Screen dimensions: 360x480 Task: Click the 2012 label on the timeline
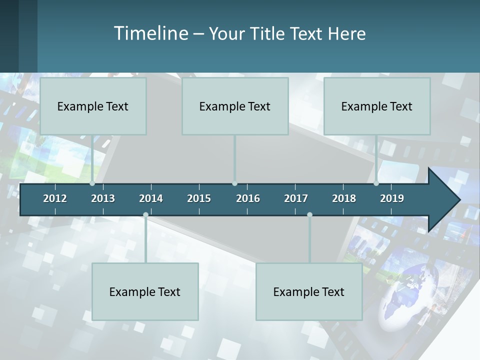pyautogui.click(x=55, y=198)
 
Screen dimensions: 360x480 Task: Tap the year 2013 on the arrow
pyautogui.click(x=103, y=198)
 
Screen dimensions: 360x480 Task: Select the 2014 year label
pyautogui.click(x=151, y=198)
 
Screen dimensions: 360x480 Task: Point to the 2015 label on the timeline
pyautogui.click(x=199, y=198)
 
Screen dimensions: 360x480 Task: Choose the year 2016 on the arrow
pyautogui.click(x=248, y=198)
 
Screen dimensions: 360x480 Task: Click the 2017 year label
pyautogui.click(x=296, y=198)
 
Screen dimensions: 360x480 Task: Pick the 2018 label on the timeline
pyautogui.click(x=344, y=198)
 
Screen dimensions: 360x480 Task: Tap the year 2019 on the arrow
pyautogui.click(x=392, y=198)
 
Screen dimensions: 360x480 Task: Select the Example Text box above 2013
pyautogui.click(x=93, y=106)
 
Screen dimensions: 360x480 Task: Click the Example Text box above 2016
pyautogui.click(x=235, y=106)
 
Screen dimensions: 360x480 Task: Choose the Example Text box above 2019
pyautogui.click(x=377, y=106)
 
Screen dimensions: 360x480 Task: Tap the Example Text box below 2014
pyautogui.click(x=145, y=291)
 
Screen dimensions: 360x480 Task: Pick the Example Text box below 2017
pyautogui.click(x=309, y=291)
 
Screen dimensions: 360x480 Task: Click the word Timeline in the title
pyautogui.click(x=150, y=33)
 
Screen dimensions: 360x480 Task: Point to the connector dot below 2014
pyautogui.click(x=145, y=215)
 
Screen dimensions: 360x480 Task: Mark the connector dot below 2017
pyautogui.click(x=309, y=215)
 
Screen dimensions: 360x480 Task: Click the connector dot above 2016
pyautogui.click(x=235, y=183)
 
